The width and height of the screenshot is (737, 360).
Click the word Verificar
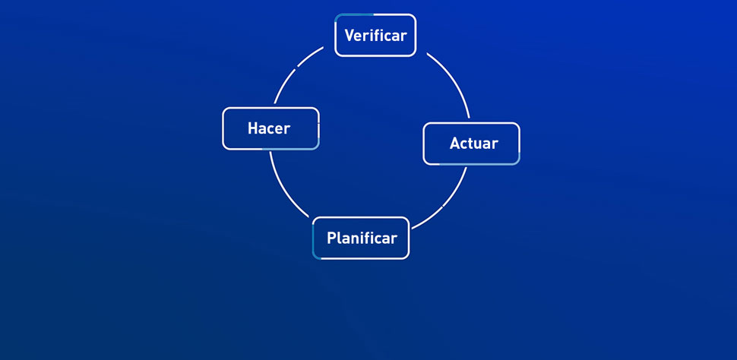coord(375,36)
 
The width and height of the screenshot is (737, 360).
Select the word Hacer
coord(269,128)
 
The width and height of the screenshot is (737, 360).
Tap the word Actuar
coord(473,144)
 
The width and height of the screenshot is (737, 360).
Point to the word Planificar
coord(362,238)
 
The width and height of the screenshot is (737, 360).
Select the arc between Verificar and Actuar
coord(454,79)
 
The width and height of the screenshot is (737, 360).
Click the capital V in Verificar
coord(350,36)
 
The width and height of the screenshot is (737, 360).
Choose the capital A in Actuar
coord(454,144)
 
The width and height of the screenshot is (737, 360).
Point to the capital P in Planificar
coord(331,238)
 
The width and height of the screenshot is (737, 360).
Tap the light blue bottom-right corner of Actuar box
coord(517,162)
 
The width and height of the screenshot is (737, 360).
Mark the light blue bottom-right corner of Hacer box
coord(316,146)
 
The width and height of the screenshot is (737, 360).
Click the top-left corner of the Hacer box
coord(225,110)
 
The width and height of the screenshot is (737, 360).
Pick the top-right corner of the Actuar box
coord(517,125)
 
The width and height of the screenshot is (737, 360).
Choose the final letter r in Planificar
coord(394,238)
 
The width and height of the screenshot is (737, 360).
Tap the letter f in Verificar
coord(376,36)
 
